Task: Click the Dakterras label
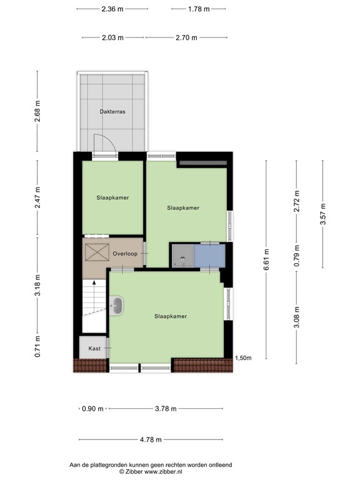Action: click(x=112, y=112)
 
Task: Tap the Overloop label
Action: click(x=125, y=253)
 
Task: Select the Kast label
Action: click(x=94, y=348)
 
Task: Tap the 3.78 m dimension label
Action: click(x=165, y=409)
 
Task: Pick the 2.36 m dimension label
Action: click(x=112, y=9)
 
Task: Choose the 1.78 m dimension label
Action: click(x=198, y=9)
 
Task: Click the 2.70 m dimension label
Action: click(x=186, y=37)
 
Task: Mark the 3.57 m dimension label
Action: click(x=323, y=214)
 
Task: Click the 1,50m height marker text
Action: click(x=243, y=358)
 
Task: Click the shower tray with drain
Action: click(x=182, y=256)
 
